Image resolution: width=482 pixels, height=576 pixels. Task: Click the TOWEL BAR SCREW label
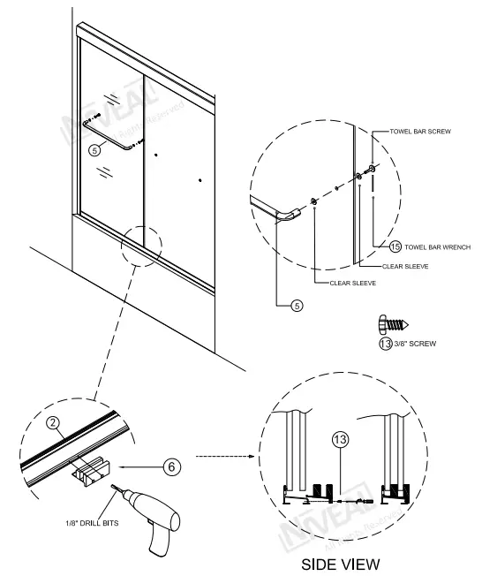[420, 131]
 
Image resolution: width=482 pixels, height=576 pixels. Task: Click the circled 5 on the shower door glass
[95, 151]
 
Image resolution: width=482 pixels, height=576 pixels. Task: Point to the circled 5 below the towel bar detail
[297, 306]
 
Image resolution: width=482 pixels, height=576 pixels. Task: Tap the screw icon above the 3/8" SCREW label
[393, 322]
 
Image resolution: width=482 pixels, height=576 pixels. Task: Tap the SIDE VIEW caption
[340, 563]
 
